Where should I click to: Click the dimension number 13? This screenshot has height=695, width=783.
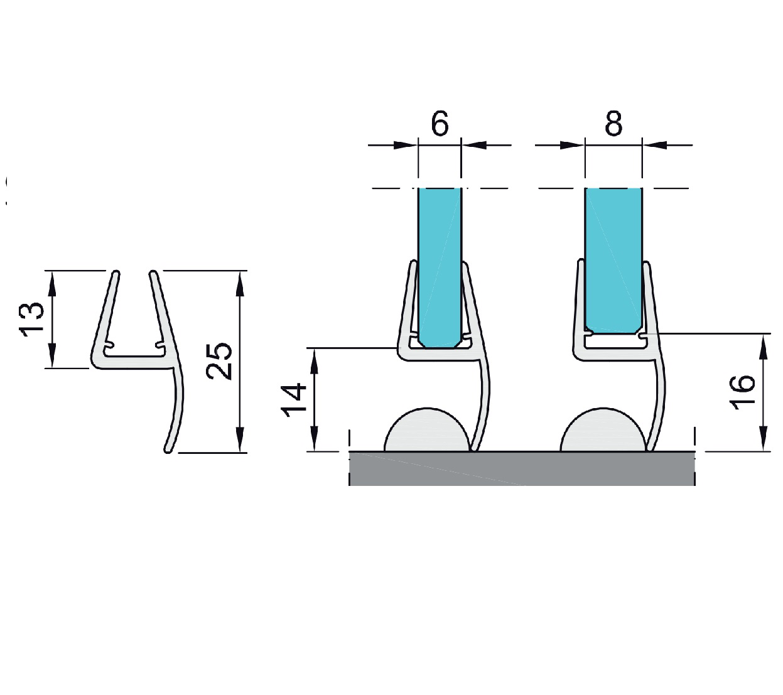click(x=31, y=320)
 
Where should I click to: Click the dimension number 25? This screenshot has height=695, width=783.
click(x=219, y=361)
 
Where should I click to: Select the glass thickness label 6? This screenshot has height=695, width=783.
click(x=440, y=124)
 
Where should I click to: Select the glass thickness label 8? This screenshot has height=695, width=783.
click(x=613, y=124)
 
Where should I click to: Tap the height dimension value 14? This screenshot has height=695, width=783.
click(x=294, y=401)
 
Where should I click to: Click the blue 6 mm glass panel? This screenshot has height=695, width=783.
click(x=440, y=267)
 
